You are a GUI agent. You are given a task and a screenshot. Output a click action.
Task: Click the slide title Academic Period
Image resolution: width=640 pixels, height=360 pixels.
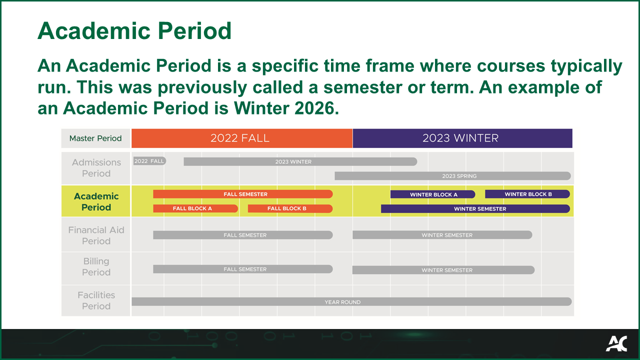coord(134,31)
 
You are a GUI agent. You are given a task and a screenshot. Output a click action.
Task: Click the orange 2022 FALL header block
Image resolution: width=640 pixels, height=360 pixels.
coord(241,138)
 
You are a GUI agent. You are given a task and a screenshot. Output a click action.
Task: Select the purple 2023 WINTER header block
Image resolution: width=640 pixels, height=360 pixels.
coord(462,138)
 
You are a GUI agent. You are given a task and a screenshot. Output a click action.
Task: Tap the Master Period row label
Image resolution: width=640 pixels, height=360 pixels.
coord(95,138)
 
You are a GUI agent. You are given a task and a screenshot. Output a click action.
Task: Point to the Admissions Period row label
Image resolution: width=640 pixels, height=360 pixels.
coord(96,168)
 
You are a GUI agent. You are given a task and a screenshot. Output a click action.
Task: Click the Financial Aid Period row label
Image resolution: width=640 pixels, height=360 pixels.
coord(96,235)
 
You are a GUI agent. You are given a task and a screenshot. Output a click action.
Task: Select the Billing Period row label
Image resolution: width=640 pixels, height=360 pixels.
coord(96,266)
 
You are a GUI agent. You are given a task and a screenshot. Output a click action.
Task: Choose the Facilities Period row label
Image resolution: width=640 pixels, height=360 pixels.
coord(96,300)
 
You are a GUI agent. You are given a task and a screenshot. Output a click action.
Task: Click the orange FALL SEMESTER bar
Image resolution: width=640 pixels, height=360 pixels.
coord(243,194)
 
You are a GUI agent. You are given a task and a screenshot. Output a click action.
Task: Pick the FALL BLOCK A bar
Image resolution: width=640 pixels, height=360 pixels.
coord(195,208)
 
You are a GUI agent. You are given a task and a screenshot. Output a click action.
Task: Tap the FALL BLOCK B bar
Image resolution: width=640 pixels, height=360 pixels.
coord(290,208)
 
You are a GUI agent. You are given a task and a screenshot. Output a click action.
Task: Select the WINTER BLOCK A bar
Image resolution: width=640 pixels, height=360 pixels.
coord(433,194)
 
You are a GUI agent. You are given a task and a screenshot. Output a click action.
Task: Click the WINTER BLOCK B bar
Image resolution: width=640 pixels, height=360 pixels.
coord(527,194)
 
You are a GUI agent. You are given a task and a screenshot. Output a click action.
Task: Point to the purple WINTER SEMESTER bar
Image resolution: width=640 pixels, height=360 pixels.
coord(475,208)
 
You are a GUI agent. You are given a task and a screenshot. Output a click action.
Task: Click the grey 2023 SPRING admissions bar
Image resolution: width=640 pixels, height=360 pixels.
coord(452,176)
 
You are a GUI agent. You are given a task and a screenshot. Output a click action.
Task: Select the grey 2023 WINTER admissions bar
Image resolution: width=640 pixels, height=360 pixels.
coord(300,161)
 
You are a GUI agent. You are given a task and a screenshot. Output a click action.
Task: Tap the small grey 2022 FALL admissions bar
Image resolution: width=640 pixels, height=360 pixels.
coord(149,161)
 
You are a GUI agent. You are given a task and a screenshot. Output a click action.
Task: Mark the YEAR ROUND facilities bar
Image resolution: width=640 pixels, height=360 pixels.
coord(351,302)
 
